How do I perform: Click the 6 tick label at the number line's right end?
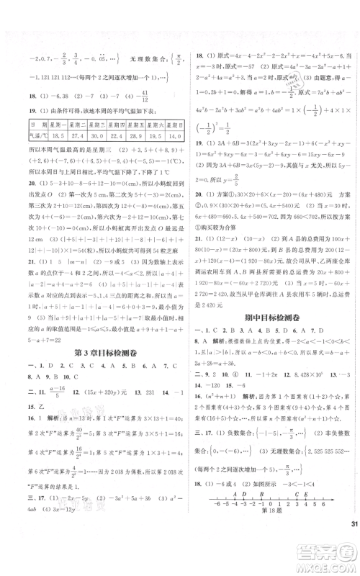(x=329, y=545)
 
